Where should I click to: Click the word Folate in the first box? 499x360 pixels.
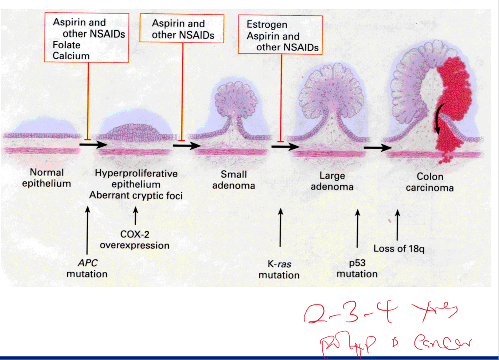tap(66, 45)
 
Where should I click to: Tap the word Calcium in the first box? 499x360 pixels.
tap(71, 56)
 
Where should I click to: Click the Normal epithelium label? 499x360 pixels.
tap(46, 178)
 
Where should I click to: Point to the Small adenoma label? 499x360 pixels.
tap(233, 180)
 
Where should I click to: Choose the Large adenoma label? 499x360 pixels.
tap(332, 181)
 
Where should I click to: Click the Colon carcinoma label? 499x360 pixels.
tap(430, 182)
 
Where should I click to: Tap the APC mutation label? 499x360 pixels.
tap(87, 268)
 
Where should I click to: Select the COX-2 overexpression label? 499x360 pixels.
tap(135, 240)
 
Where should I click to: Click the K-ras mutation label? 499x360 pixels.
tap(279, 270)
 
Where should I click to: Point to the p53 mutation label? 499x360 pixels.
tap(357, 268)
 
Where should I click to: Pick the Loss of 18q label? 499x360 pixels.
tap(399, 249)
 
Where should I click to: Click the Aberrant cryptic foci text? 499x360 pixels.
tap(136, 196)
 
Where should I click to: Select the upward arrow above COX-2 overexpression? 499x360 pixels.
tap(135, 216)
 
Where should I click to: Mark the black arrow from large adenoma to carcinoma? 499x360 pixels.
tap(377, 148)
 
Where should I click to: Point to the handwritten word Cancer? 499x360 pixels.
tap(442, 342)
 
